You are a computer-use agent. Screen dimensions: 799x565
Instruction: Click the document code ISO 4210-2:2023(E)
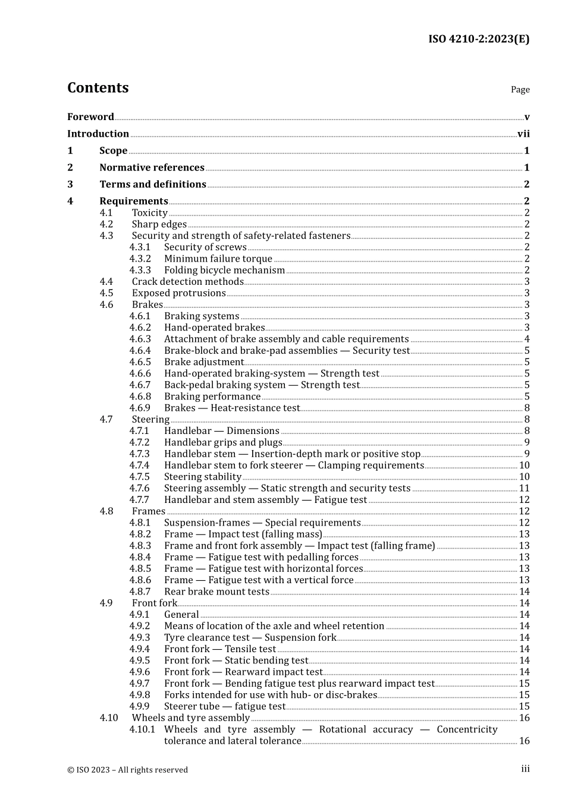(x=479, y=39)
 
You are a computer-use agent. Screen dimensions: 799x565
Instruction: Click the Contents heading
(x=98, y=88)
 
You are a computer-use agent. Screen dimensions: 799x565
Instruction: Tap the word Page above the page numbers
(x=520, y=90)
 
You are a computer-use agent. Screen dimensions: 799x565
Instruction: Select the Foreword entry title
(x=90, y=117)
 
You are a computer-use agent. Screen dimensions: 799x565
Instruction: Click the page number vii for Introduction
(x=523, y=134)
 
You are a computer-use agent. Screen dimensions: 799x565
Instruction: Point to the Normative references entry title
(x=152, y=168)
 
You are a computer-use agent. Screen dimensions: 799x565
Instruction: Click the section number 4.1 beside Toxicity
(x=106, y=213)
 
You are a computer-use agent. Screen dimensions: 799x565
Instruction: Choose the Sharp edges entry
(x=159, y=224)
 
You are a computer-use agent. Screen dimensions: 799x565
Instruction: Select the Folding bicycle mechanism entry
(x=224, y=270)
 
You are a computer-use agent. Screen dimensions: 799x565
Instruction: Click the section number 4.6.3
(x=140, y=339)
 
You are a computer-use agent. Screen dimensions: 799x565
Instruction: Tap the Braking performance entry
(x=212, y=397)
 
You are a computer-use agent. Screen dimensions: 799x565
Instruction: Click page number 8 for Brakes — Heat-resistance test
(x=527, y=408)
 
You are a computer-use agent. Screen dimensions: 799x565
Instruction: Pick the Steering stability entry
(x=203, y=477)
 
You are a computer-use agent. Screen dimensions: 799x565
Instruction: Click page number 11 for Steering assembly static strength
(x=524, y=488)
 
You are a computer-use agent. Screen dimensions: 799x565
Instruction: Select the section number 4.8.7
(x=140, y=592)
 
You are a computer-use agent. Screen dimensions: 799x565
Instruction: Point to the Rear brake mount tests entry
(x=216, y=592)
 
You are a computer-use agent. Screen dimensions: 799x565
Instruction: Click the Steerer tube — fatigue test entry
(x=225, y=706)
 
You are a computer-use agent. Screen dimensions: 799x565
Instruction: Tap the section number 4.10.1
(x=142, y=729)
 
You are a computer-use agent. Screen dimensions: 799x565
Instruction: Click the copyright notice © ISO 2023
(x=127, y=770)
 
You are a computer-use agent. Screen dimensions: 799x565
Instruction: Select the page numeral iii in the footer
(x=525, y=769)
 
